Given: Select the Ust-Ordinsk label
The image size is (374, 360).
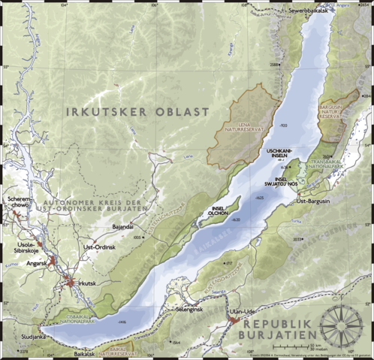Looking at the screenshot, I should tap(99, 247).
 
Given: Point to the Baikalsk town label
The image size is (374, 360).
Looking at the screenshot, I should tap(85, 352).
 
